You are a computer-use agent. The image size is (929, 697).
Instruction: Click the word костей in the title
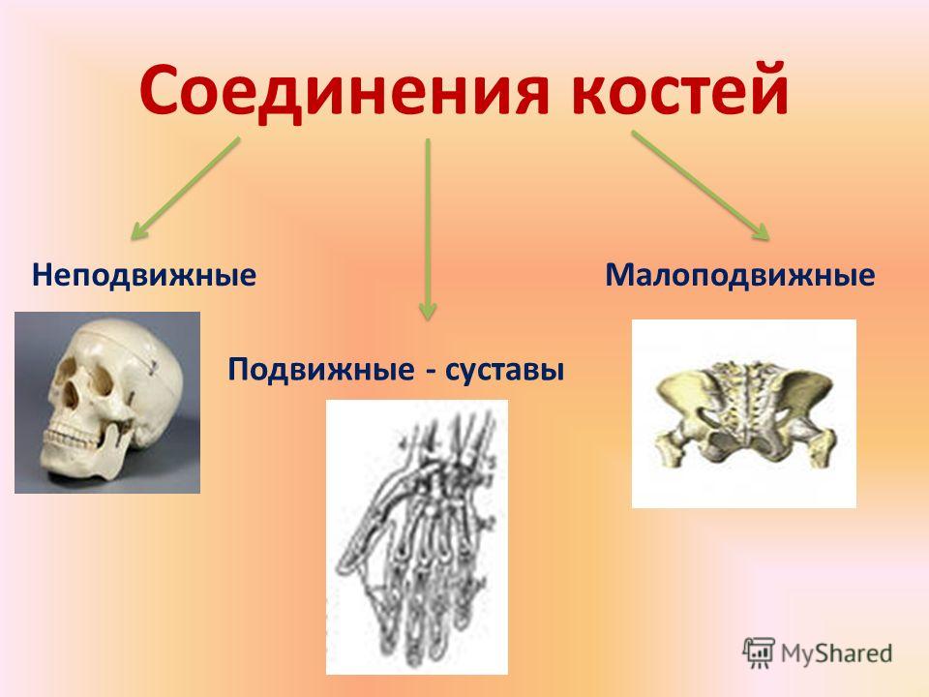point(680,89)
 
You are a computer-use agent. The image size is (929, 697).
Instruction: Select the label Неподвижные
point(144,276)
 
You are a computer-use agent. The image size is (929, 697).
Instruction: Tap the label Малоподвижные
point(740,276)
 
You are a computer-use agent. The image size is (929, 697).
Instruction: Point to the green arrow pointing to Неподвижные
point(185,189)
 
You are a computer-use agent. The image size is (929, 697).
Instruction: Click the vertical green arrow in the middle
point(428,229)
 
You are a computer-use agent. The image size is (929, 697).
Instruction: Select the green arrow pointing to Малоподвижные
point(701,185)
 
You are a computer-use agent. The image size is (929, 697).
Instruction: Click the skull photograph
point(107,403)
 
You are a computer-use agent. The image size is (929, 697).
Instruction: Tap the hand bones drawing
point(417,537)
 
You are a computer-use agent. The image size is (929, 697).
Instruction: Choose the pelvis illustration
point(744,413)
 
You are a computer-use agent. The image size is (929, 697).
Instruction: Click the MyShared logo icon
point(759,652)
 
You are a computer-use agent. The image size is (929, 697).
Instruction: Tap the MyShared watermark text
point(836,653)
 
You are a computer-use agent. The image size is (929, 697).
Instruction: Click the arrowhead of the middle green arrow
point(428,311)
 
